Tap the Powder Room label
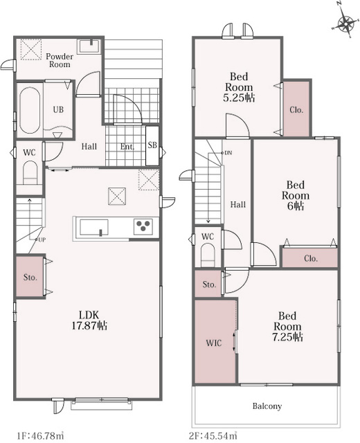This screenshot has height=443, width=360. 60,60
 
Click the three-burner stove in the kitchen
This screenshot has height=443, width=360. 143,226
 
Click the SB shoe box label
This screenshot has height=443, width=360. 152,145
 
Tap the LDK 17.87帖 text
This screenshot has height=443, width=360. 89,320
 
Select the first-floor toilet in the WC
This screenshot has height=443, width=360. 30,173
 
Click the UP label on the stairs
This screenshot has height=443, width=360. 42,240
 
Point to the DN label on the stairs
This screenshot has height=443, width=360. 228,153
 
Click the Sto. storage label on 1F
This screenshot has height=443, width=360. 30,278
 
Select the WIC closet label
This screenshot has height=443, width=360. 214,343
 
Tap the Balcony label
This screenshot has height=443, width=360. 267,406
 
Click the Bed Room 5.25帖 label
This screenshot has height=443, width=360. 239,87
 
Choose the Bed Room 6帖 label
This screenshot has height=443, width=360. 296,195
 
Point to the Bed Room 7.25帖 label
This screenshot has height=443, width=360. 288,326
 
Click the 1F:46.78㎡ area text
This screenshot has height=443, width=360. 40,435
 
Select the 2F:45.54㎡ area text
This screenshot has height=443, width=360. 213,435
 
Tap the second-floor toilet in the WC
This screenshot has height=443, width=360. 208,255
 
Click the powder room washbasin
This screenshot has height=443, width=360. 89,46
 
